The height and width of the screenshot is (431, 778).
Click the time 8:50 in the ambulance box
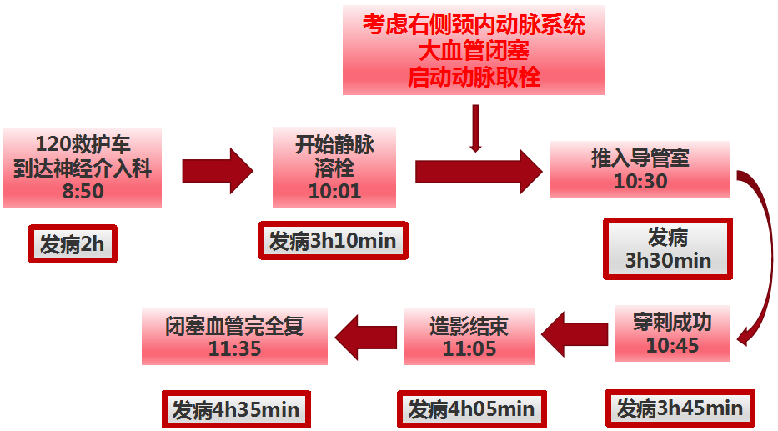click(83, 191)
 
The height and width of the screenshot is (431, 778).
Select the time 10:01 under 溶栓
click(334, 191)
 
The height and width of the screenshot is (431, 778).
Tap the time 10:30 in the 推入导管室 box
click(640, 181)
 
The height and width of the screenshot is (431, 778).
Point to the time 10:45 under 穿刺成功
click(672, 345)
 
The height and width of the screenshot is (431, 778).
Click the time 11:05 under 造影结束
click(469, 348)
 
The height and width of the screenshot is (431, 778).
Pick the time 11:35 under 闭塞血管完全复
click(234, 348)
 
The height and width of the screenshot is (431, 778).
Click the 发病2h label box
click(73, 243)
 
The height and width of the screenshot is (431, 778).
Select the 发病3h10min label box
click(333, 241)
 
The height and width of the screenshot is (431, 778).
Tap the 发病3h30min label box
click(668, 248)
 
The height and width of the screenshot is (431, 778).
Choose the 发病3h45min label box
click(680, 408)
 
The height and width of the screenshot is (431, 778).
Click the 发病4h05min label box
click(472, 409)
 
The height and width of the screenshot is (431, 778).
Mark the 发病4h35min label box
click(236, 409)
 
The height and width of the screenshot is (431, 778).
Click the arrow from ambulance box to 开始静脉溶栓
click(218, 171)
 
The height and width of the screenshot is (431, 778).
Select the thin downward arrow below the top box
click(475, 128)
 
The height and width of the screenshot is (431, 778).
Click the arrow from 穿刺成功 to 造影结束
click(575, 334)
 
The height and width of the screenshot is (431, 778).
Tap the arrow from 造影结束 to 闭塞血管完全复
click(366, 338)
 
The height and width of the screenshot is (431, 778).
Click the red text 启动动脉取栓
click(474, 78)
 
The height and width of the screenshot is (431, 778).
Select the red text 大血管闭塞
click(474, 51)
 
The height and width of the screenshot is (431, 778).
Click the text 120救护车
click(83, 144)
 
